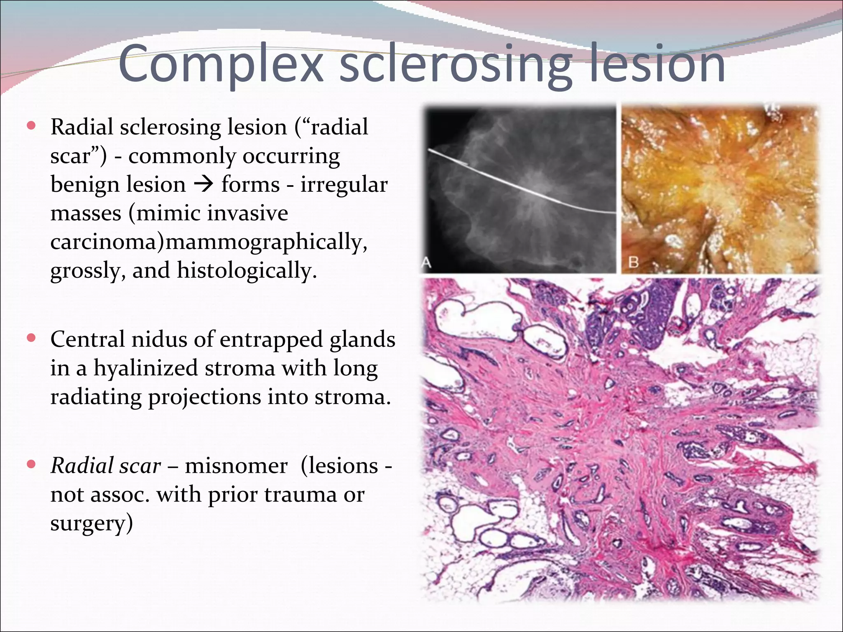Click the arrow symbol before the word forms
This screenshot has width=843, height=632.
click(203, 184)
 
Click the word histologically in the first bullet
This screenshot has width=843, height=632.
click(246, 270)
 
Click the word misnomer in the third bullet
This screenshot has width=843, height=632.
click(236, 466)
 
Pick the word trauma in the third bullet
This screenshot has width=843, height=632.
click(302, 494)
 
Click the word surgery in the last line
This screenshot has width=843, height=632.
click(91, 523)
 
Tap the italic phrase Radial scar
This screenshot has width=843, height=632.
click(105, 466)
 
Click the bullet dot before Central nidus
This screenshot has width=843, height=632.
click(31, 338)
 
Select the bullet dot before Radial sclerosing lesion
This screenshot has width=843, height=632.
click(31, 125)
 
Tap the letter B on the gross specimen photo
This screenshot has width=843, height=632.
click(634, 262)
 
